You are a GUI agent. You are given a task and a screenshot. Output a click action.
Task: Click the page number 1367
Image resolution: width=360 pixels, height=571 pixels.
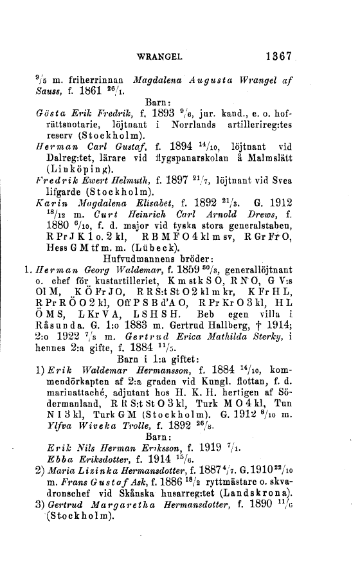(278, 38)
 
